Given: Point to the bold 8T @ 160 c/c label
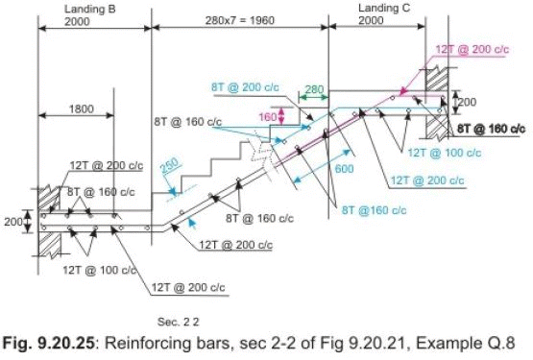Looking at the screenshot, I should (490, 128).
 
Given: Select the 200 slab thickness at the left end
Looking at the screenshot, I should (12, 221).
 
